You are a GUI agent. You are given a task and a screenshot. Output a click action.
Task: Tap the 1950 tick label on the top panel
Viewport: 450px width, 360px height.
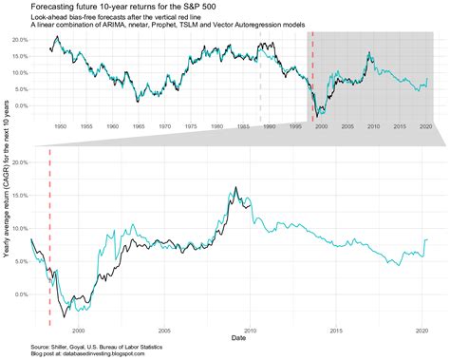[59, 125]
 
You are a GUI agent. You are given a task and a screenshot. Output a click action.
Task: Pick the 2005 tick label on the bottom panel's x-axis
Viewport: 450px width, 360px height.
[164, 331]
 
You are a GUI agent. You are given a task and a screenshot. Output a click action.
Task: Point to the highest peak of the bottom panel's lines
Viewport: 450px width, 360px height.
[234, 188]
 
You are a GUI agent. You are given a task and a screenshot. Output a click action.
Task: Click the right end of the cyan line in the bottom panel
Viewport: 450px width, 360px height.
[427, 239]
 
